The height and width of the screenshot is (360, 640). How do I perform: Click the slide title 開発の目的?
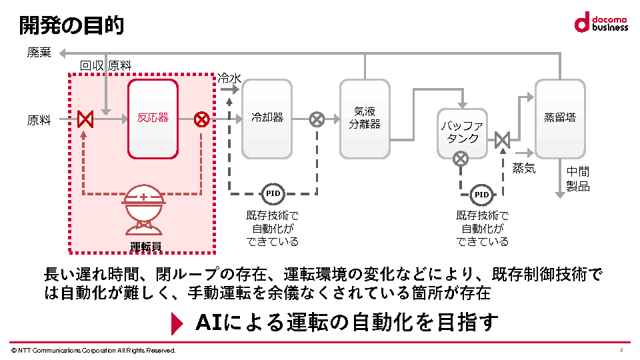point(71,26)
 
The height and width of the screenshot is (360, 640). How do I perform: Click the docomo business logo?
point(601,22)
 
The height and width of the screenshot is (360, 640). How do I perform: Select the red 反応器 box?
point(153,119)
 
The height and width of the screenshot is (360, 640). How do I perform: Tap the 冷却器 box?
point(267,119)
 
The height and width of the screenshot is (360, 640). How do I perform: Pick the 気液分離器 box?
point(364,119)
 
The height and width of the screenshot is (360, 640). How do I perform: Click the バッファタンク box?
point(462,132)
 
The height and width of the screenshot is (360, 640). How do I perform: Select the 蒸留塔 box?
point(560,119)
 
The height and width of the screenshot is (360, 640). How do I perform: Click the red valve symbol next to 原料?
point(85,119)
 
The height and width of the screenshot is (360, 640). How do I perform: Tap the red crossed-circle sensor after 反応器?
point(201,119)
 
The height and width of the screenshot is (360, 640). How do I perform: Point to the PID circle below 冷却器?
point(273,194)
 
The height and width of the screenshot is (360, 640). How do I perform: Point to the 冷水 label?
point(229,79)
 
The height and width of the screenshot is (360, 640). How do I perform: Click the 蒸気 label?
point(523,169)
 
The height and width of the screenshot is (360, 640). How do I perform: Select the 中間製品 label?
point(578,179)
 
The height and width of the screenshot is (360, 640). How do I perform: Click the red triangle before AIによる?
point(177,323)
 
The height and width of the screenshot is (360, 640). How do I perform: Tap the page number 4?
point(621,350)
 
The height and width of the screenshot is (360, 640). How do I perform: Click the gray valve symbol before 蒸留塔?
point(503,140)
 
